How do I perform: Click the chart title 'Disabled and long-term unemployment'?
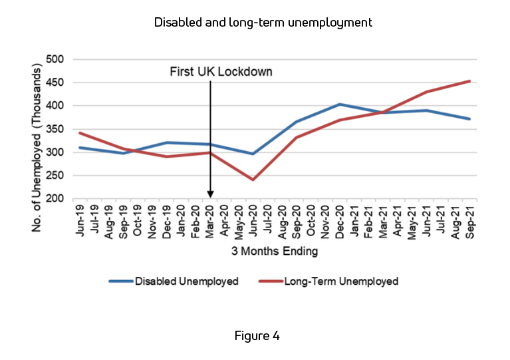tap(263, 23)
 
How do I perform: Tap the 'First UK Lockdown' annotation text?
tap(221, 72)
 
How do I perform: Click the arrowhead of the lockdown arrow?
tap(210, 194)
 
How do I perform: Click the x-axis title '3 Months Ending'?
tap(274, 252)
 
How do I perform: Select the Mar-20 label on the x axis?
tap(210, 220)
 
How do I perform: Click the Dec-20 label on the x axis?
tap(340, 220)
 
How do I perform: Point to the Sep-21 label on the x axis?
tap(469, 220)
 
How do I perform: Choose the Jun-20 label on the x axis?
tap(253, 220)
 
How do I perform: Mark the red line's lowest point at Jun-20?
tap(253, 180)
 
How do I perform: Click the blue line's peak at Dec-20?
tap(339, 104)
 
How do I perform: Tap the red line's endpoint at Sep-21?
tap(469, 81)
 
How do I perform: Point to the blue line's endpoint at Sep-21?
tap(469, 119)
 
